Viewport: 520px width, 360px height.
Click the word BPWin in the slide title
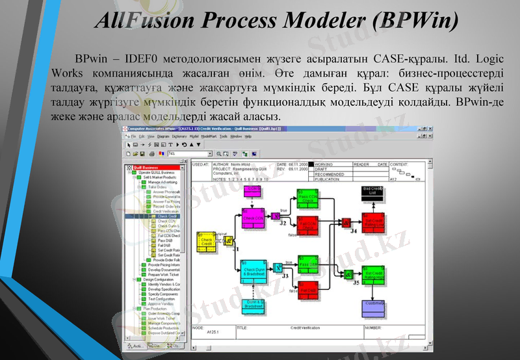pos(413,21)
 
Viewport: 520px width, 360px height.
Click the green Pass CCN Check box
pos(308,197)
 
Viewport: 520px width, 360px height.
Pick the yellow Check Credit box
pos(207,242)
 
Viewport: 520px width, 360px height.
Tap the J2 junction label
pos(283,223)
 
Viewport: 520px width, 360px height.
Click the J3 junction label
pos(285,276)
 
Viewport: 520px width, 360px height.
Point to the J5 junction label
pos(356,283)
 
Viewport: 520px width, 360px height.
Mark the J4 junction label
pos(354,231)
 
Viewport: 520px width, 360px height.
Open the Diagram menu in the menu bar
pos(162,137)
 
